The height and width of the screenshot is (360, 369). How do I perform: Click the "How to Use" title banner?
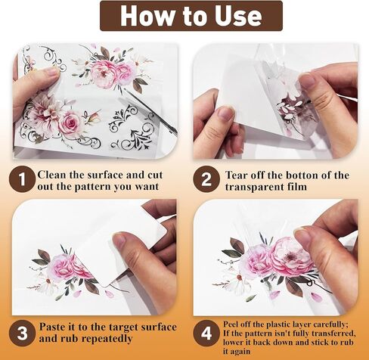[x=184, y=17]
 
